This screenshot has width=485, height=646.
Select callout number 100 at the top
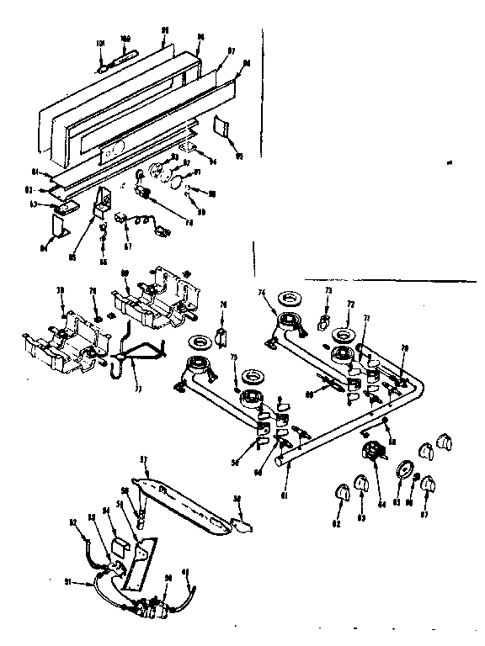coord(125,39)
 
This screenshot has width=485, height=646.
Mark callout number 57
coord(143,459)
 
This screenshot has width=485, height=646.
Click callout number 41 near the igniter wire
coord(187,574)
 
